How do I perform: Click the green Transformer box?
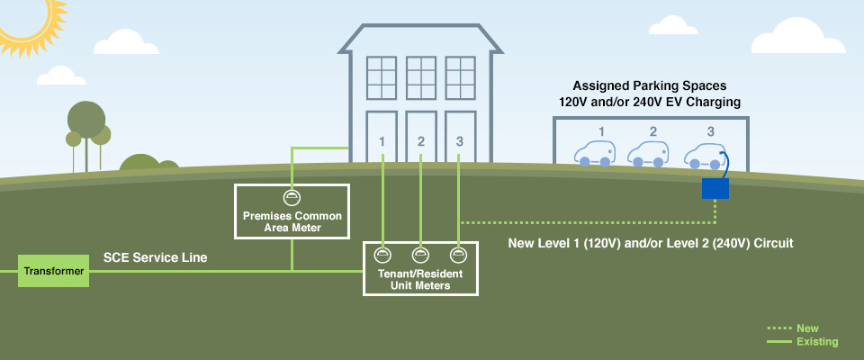pyautogui.click(x=54, y=270)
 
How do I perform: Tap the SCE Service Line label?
pyautogui.click(x=156, y=257)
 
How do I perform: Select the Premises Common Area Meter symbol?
pyautogui.click(x=291, y=196)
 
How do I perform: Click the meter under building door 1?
pyautogui.click(x=382, y=255)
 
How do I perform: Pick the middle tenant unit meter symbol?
pyautogui.click(x=420, y=255)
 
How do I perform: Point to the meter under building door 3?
pyautogui.click(x=459, y=255)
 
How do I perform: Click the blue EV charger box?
pyautogui.click(x=715, y=187)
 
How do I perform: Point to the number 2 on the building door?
pyautogui.click(x=420, y=141)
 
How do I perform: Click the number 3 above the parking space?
pyautogui.click(x=710, y=131)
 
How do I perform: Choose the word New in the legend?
pyautogui.click(x=807, y=328)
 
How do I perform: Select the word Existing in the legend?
pyautogui.click(x=816, y=342)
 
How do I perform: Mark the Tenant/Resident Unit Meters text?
pyautogui.click(x=420, y=280)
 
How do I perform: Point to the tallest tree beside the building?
pyautogui.click(x=85, y=121)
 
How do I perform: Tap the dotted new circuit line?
pyautogui.click(x=585, y=221)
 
